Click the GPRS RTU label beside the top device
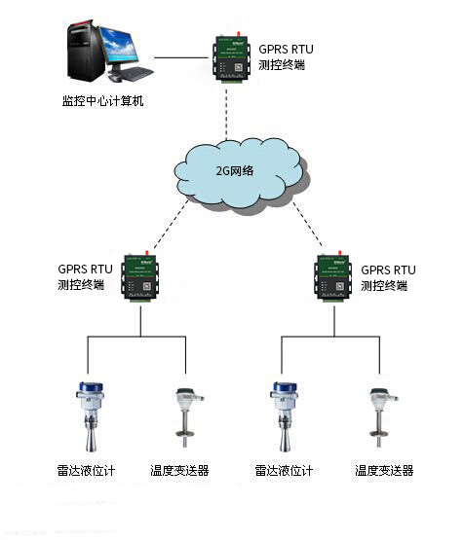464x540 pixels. (288, 48)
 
